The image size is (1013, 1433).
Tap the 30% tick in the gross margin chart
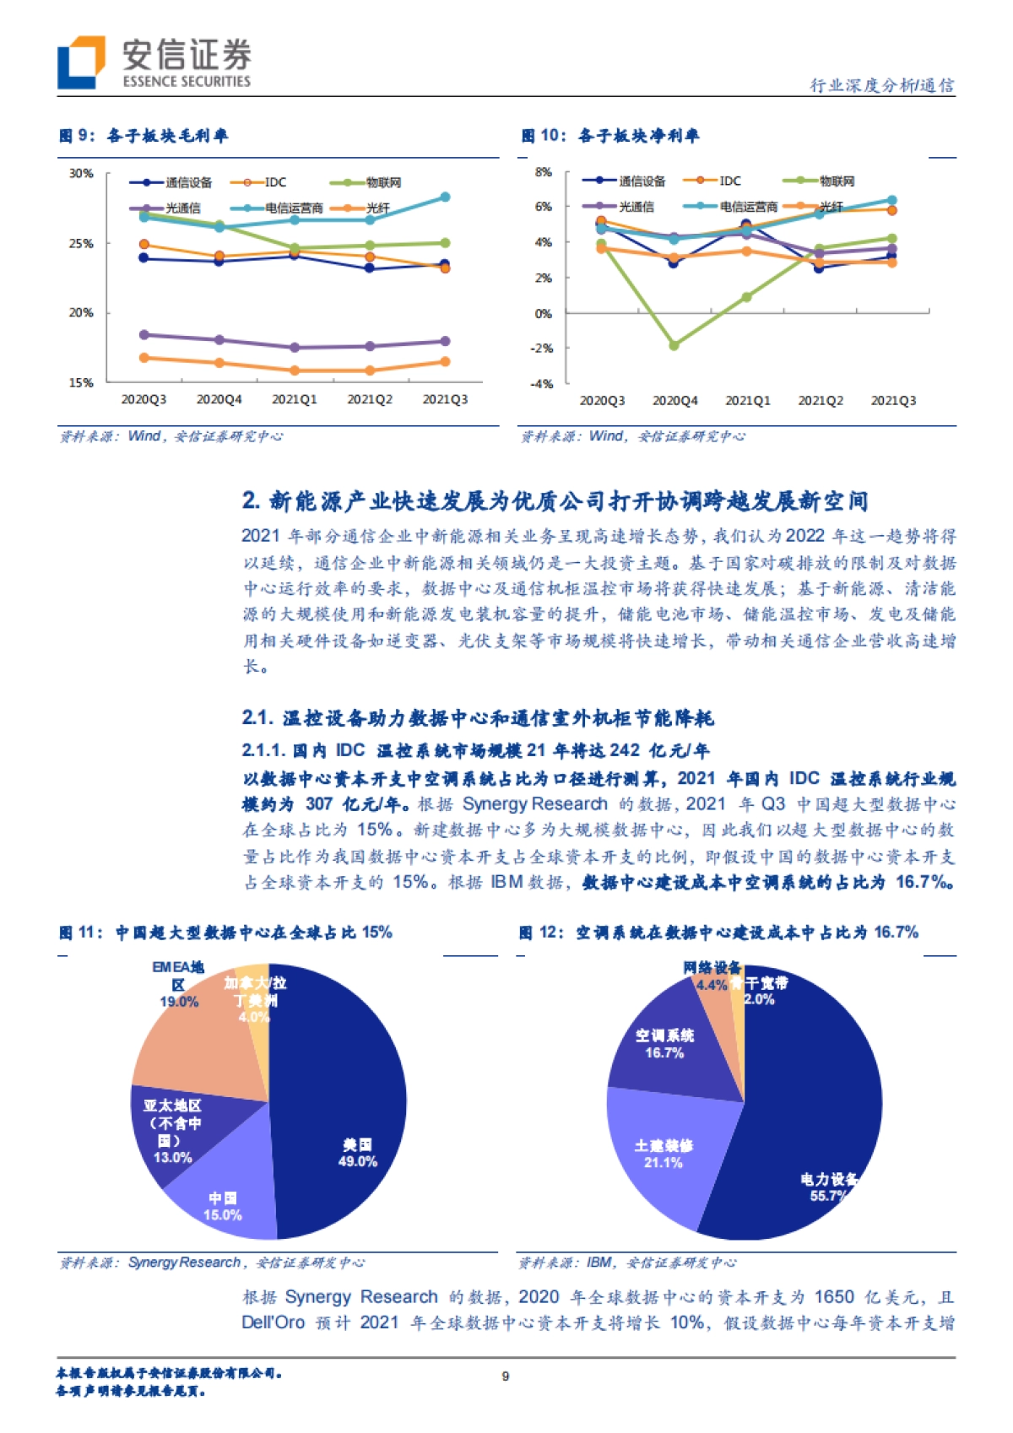[81, 174]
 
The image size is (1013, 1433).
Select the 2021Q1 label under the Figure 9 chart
[294, 399]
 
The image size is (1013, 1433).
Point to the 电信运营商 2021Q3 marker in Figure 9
[445, 197]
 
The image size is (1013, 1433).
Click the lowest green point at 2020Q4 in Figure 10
[674, 345]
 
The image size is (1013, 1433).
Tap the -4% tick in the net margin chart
[543, 384]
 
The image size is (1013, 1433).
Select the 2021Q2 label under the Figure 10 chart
[821, 401]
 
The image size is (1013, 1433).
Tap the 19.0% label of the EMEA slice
[179, 1002]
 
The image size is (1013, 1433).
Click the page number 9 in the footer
[505, 1376]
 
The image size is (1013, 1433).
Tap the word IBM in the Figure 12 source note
[599, 1263]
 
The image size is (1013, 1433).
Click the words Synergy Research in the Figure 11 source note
[184, 1263]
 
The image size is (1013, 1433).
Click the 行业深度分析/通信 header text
[881, 85]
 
